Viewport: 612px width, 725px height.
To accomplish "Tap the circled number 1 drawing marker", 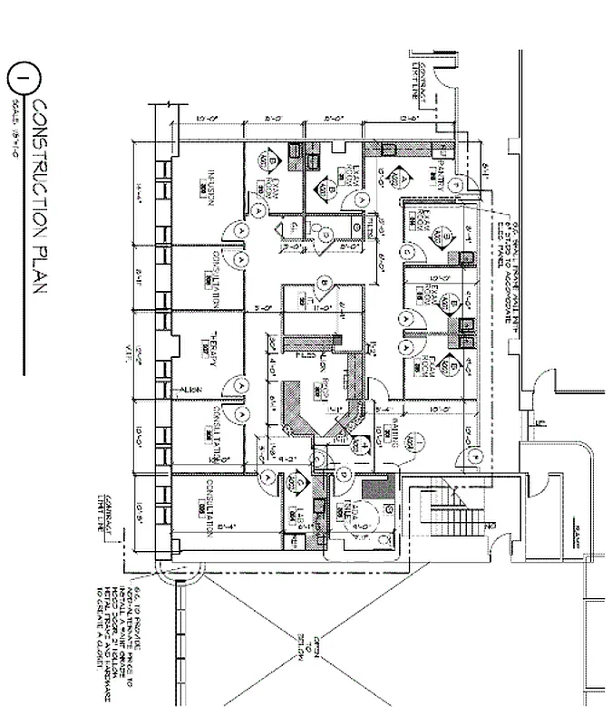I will pos(20,79).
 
